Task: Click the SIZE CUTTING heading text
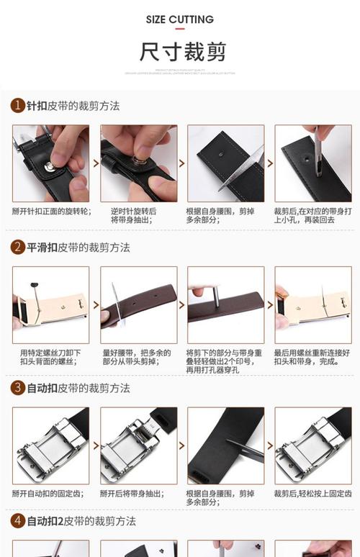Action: [x=179, y=19]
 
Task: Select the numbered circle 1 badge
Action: [x=18, y=106]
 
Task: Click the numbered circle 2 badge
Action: [x=18, y=248]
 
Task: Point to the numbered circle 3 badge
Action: [x=18, y=388]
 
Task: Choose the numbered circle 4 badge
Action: [x=18, y=520]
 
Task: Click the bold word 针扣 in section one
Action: [x=37, y=106]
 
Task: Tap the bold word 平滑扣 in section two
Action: [x=42, y=248]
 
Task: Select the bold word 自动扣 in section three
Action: [x=42, y=388]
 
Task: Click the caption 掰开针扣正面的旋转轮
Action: [x=51, y=212]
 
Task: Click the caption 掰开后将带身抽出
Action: [x=134, y=494]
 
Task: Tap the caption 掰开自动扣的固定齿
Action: [x=50, y=494]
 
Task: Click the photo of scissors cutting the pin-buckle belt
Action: [x=225, y=163]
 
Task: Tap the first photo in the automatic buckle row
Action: [x=50, y=445]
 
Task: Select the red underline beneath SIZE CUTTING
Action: [x=179, y=30]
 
